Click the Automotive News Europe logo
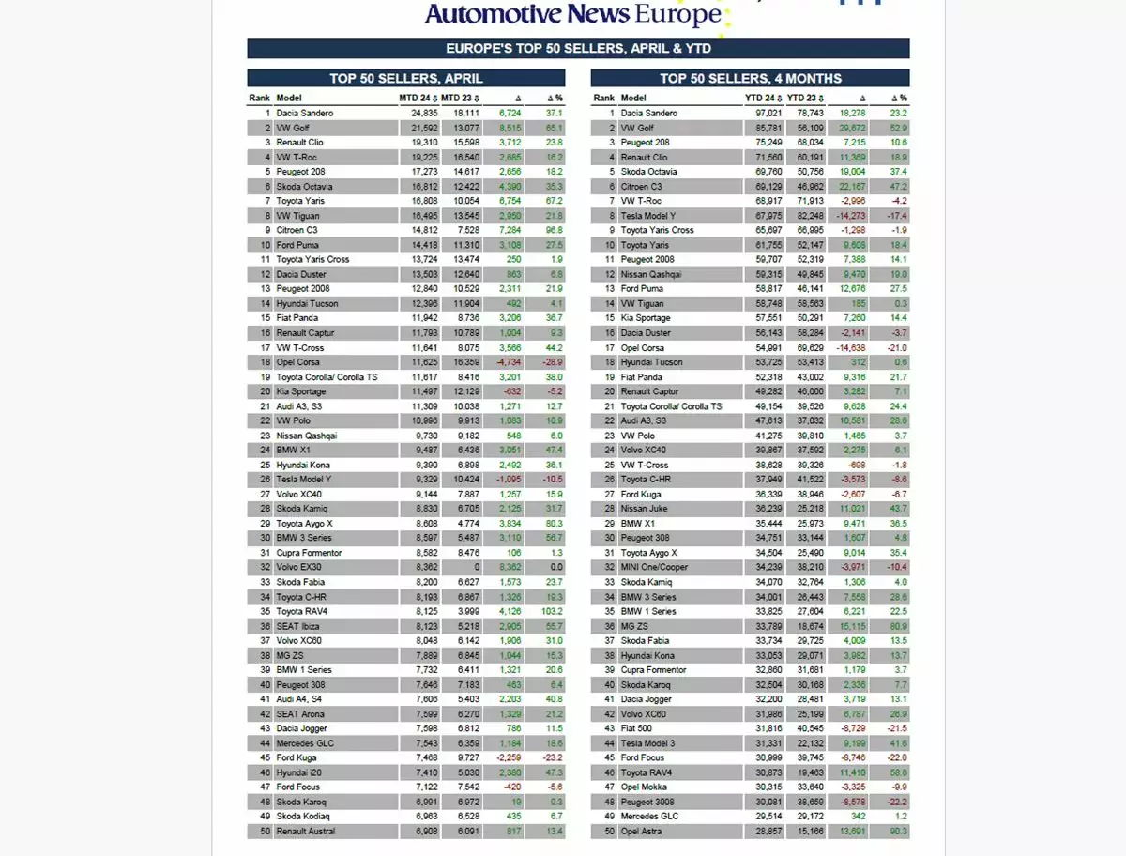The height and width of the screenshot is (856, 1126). pyautogui.click(x=573, y=14)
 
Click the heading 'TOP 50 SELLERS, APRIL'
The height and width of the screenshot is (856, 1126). pyautogui.click(x=405, y=79)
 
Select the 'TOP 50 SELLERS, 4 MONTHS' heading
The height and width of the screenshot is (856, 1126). pyautogui.click(x=750, y=79)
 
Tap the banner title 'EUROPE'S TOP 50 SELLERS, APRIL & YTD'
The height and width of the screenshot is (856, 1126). pyautogui.click(x=578, y=49)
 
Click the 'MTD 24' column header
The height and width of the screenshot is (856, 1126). pyautogui.click(x=416, y=98)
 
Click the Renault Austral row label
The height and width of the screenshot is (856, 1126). pyautogui.click(x=305, y=832)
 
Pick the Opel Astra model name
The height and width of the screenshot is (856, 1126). pyautogui.click(x=643, y=832)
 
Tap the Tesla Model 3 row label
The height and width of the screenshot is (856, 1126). pyautogui.click(x=648, y=743)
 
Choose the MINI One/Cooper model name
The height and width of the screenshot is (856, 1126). pyautogui.click(x=655, y=567)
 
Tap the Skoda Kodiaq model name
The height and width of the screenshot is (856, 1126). pyautogui.click(x=303, y=817)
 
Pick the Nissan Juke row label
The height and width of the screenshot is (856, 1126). pyautogui.click(x=643, y=509)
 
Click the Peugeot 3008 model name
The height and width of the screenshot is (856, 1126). pyautogui.click(x=647, y=802)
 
